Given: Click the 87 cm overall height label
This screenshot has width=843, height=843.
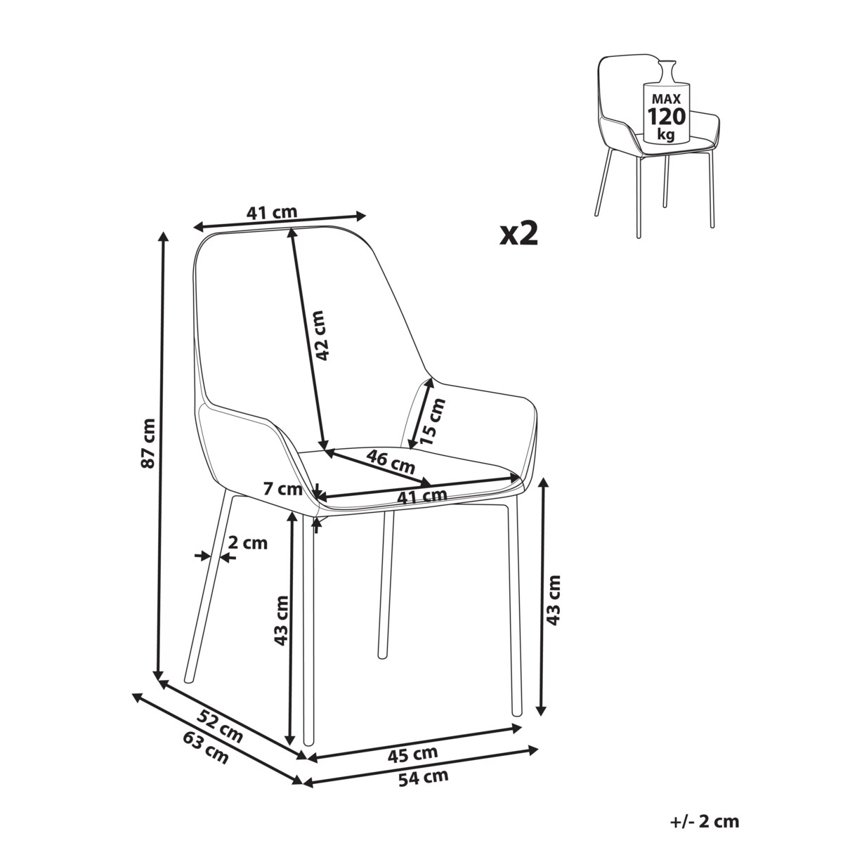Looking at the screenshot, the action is click(x=149, y=443).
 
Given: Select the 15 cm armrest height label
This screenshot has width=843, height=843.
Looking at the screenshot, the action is click(x=432, y=421).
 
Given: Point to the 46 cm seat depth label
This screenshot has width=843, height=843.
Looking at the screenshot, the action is click(x=390, y=462).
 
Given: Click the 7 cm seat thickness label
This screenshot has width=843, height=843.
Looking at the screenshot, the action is click(x=283, y=488).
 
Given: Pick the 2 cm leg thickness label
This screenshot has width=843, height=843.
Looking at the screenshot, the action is click(x=248, y=543).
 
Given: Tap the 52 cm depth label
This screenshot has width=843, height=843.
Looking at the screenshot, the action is click(x=219, y=733).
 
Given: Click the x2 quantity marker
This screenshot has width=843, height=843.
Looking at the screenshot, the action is click(x=519, y=234).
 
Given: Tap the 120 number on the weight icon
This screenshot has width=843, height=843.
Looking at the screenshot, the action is click(x=666, y=117).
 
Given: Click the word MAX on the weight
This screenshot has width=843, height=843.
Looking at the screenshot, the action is click(x=666, y=99).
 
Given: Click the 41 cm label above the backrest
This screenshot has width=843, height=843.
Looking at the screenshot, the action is click(x=272, y=212).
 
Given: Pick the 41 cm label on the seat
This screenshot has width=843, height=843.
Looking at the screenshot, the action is click(x=422, y=497).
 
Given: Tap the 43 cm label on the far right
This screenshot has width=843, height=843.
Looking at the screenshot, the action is click(x=553, y=600).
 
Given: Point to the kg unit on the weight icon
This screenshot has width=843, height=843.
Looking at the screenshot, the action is click(x=665, y=134).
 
